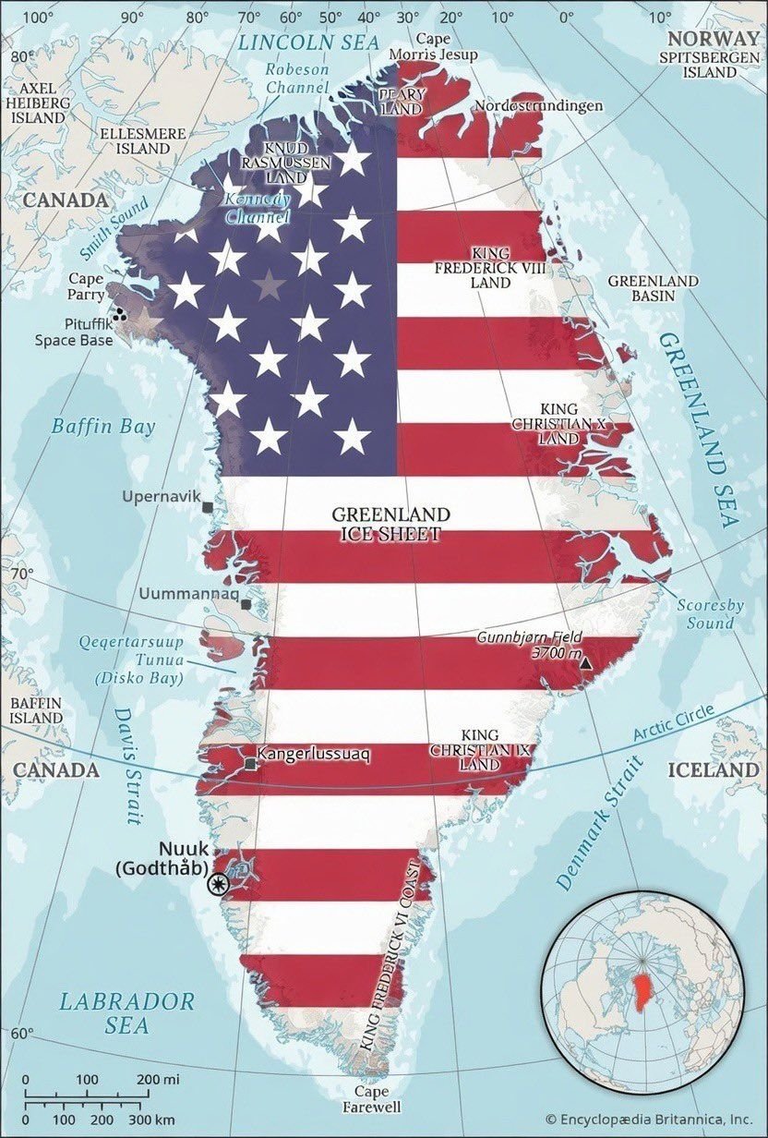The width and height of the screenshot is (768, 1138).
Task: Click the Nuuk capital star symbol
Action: point(218,884)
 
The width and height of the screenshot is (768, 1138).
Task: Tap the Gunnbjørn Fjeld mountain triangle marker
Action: point(584,660)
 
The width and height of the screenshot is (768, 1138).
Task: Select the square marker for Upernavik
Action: point(208,507)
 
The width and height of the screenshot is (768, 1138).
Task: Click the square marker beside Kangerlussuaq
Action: point(250,764)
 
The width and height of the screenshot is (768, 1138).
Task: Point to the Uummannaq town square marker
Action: point(246,604)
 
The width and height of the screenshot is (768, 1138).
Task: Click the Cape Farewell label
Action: point(374,1099)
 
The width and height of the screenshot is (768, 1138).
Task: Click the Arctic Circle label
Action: point(674,723)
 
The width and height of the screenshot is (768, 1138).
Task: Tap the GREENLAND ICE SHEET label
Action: point(391,523)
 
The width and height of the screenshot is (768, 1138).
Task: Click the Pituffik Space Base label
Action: point(74,332)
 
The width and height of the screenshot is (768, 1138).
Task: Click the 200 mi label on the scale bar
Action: point(160,1078)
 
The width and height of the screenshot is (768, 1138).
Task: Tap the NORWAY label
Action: point(712,38)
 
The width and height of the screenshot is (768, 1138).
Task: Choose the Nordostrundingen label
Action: point(538,105)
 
